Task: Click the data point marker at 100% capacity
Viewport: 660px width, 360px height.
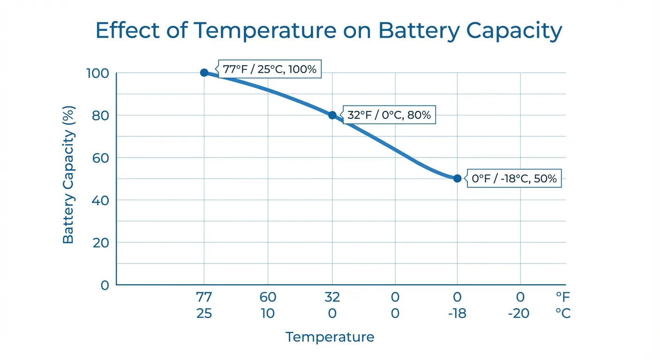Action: [204, 73]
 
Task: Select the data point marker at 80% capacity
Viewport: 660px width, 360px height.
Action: [332, 115]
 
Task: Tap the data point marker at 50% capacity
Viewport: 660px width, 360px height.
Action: [457, 179]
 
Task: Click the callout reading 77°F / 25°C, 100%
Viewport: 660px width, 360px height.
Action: [270, 70]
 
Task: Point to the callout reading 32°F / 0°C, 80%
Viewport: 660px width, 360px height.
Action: [389, 115]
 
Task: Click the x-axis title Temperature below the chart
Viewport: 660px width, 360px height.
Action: [330, 337]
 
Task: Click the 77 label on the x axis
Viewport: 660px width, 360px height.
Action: [204, 297]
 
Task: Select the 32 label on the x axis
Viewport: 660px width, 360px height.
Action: [332, 297]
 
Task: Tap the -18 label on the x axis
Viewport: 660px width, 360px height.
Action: [457, 313]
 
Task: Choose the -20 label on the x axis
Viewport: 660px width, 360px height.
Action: [519, 313]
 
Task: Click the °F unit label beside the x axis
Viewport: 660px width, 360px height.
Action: [562, 297]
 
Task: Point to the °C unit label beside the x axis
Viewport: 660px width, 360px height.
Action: [562, 313]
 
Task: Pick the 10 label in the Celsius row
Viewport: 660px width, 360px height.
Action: [268, 313]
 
